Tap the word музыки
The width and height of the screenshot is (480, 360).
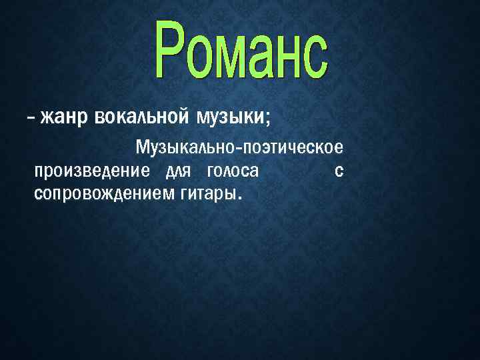point(229,118)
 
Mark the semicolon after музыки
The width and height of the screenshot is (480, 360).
point(268,119)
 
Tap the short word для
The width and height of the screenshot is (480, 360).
point(178,171)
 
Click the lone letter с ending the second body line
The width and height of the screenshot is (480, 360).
point(339,171)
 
